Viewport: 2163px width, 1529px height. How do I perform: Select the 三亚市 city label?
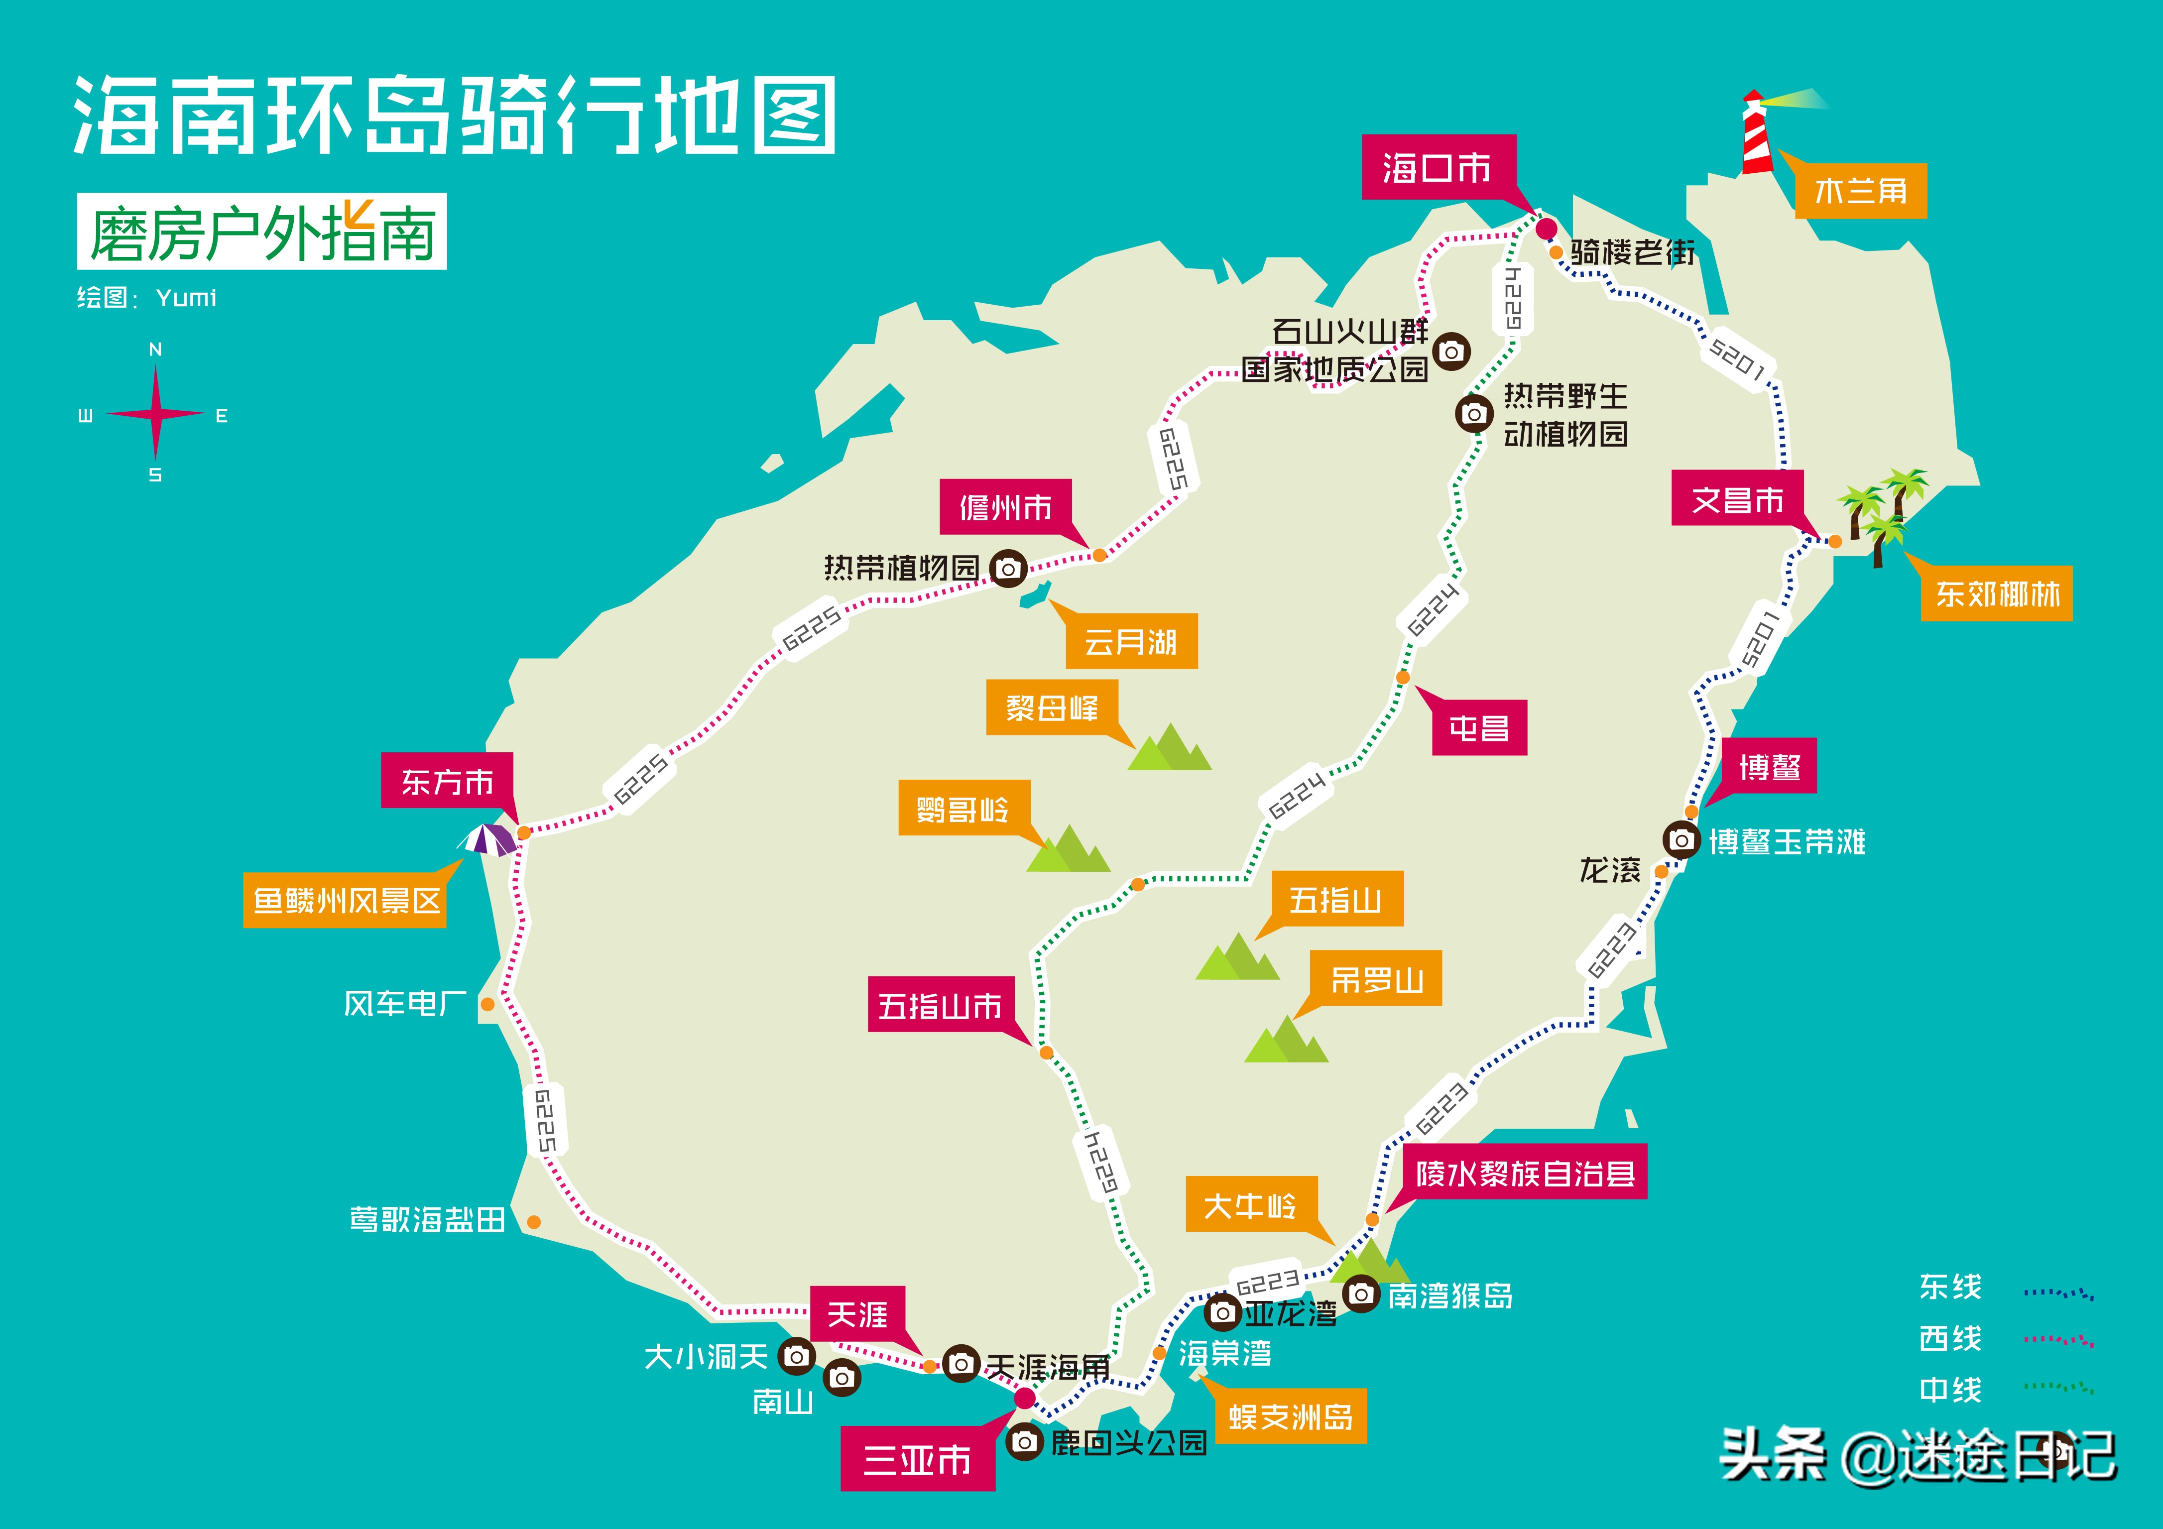(x=918, y=1459)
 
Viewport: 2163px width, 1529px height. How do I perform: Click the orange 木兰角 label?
(x=1861, y=191)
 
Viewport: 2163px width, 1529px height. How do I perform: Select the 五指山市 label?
(x=940, y=1005)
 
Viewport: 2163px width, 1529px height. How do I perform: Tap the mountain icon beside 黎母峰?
(x=1169, y=749)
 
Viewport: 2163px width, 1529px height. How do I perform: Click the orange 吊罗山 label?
(x=1376, y=980)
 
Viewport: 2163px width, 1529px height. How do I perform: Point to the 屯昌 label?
(x=1479, y=727)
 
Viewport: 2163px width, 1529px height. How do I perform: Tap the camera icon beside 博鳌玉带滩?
(x=1682, y=839)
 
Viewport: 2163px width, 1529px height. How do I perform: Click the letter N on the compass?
(x=155, y=350)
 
